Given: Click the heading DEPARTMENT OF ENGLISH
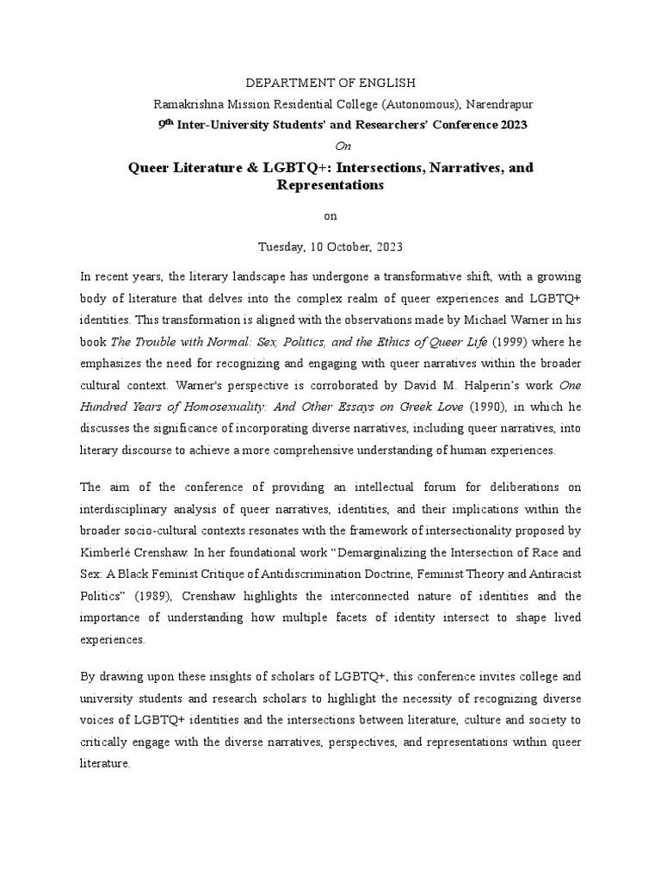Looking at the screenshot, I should click(x=330, y=83).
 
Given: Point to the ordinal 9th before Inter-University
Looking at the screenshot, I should click(x=165, y=123).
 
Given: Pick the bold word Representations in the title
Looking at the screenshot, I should click(x=330, y=185).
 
